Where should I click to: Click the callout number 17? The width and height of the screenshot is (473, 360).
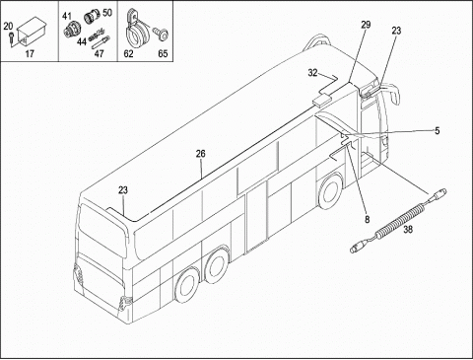[30, 53]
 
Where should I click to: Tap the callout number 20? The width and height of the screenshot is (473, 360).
[8, 27]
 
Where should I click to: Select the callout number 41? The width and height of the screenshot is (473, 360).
[67, 16]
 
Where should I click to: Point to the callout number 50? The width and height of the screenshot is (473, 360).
[107, 13]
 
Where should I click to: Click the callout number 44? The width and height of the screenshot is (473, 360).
[82, 41]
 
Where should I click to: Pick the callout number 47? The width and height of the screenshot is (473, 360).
[99, 53]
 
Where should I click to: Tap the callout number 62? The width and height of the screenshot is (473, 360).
[128, 53]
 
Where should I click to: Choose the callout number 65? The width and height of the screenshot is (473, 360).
[163, 53]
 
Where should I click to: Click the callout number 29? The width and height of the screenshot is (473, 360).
[366, 25]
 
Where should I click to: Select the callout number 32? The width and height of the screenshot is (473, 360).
[312, 73]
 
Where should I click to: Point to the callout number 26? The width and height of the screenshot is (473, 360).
[201, 154]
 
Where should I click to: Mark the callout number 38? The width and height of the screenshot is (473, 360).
[408, 229]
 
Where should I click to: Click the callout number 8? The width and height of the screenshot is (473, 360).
[367, 219]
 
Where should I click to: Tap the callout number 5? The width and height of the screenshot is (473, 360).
[437, 131]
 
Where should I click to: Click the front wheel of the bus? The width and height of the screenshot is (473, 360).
[329, 192]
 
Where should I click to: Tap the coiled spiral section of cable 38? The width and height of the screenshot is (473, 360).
[400, 221]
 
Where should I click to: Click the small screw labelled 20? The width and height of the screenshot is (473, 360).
[12, 36]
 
